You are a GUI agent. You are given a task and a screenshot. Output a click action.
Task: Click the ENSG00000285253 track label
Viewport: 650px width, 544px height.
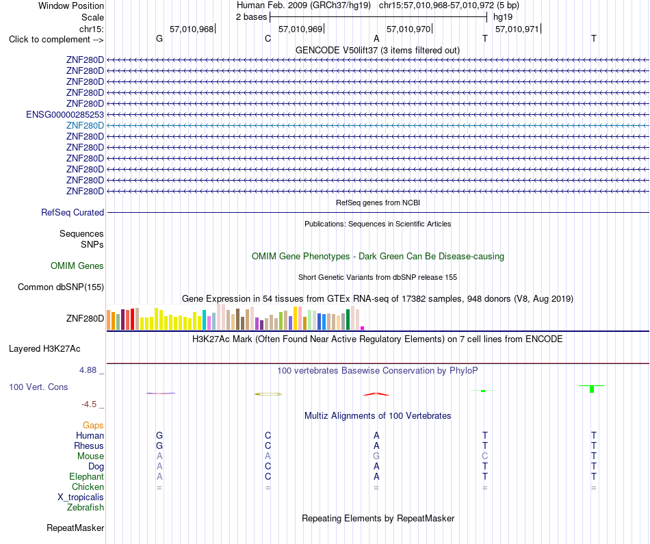[65, 114]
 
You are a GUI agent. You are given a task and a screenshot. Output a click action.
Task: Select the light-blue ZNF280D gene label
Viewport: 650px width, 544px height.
[85, 126]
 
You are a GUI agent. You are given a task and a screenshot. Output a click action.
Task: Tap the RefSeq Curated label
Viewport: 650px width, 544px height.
[73, 212]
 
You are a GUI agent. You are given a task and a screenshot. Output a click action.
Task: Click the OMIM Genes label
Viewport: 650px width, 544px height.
[77, 265]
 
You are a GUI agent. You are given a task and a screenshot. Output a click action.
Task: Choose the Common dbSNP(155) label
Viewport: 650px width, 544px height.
[61, 287]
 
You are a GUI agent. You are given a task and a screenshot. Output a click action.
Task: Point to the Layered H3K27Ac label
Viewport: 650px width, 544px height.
[44, 349]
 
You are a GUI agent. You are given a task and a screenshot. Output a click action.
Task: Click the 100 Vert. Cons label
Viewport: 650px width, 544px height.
[38, 387]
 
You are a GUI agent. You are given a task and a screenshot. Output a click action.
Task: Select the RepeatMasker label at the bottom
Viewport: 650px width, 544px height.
[75, 528]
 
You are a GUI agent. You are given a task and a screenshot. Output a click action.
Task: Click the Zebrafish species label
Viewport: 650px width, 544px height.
[86, 507]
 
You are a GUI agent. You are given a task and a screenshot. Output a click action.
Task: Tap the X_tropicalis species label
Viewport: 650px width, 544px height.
[81, 497]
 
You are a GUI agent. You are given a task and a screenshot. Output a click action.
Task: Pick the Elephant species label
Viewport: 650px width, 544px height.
[87, 476]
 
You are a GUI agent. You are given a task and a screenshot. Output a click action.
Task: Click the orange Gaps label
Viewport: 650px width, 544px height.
[93, 425]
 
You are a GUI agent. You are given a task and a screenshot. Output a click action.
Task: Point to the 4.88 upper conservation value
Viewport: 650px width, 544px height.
[88, 370]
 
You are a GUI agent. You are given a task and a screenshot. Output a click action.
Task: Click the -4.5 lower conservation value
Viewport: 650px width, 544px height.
[89, 404]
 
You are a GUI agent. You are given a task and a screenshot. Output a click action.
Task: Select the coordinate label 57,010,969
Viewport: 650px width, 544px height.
[300, 29]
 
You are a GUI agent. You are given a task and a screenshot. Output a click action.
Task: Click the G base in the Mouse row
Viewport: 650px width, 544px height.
[376, 456]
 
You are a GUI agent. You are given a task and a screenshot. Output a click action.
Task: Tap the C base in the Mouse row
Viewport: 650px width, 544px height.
[485, 456]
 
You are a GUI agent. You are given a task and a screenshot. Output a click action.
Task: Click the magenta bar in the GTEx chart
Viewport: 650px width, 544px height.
[363, 328]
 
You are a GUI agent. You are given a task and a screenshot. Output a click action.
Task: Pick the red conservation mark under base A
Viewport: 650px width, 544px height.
[376, 394]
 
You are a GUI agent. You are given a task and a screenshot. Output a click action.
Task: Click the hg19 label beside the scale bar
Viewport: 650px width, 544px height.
[503, 17]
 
